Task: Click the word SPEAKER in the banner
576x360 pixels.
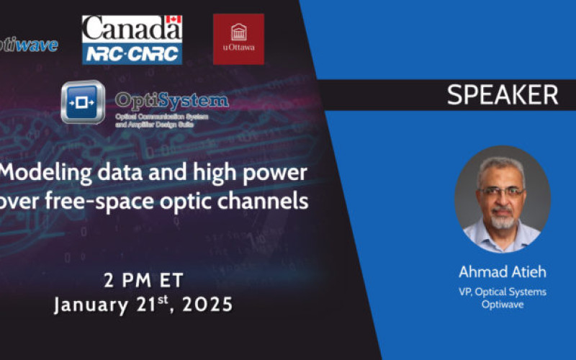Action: coord(503,95)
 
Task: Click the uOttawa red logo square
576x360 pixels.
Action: coord(238,39)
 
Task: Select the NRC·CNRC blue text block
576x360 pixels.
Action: coord(132,51)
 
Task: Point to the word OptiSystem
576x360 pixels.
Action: coord(172,100)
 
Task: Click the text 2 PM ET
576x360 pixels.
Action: coord(144,279)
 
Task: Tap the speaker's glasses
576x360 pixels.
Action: coord(502,192)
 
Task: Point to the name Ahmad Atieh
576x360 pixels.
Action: coord(502,273)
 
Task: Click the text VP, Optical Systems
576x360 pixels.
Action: coord(502,291)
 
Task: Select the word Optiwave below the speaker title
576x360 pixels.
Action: coord(502,305)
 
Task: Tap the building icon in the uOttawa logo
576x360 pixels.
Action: coord(238,32)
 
